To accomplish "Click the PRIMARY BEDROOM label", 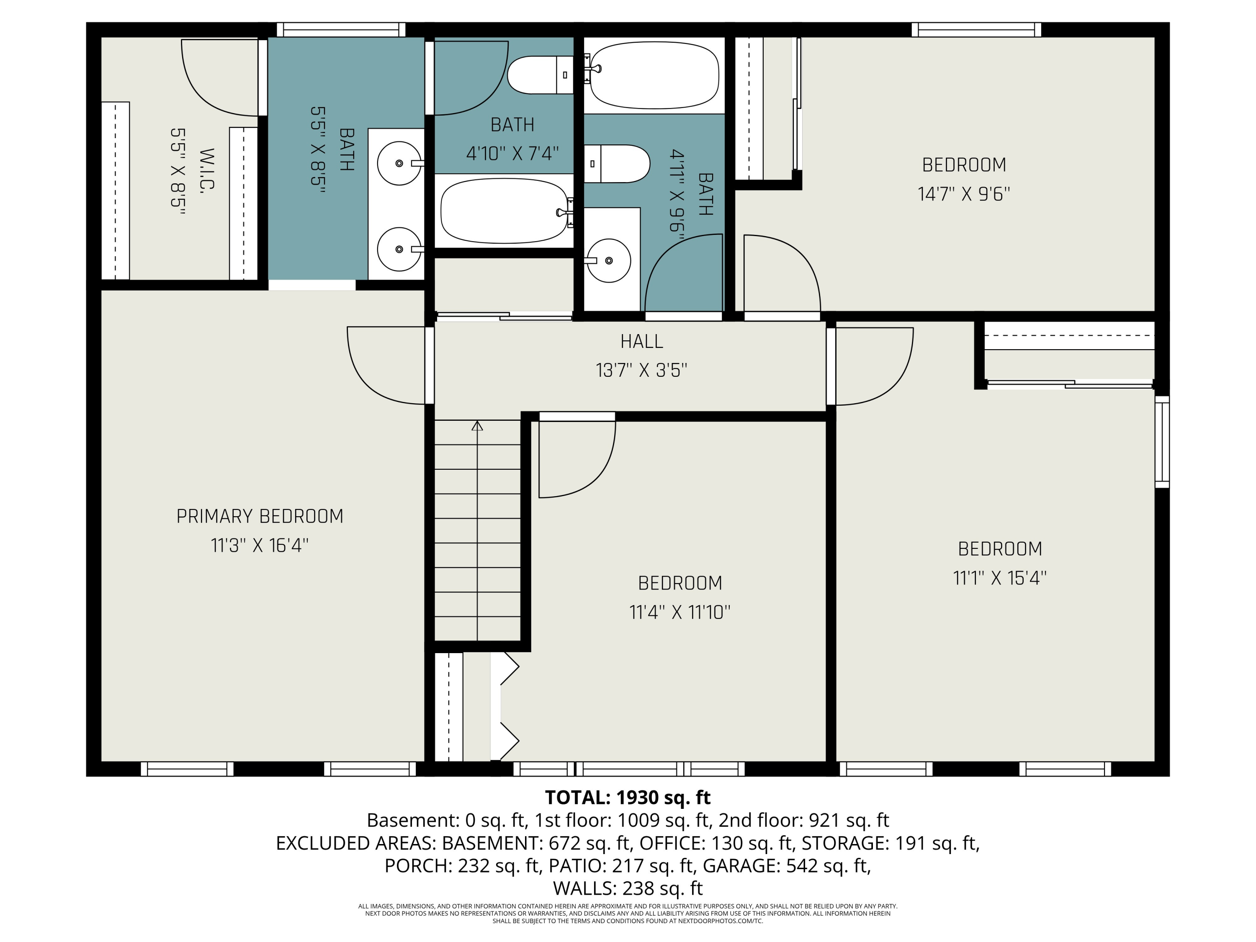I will click(260, 516).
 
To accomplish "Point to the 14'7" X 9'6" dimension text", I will click(964, 194).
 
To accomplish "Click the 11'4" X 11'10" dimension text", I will click(679, 612).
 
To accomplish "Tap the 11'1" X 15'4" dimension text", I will click(999, 578).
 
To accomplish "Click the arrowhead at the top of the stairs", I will click(477, 425).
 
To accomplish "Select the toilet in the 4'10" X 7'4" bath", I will click(539, 75).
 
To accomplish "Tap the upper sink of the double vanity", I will click(399, 164).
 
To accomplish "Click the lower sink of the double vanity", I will click(399, 249).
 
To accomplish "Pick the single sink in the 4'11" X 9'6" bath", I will click(608, 261).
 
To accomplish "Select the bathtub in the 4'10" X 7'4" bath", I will click(504, 211).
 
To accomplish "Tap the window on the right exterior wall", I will click(1162, 441).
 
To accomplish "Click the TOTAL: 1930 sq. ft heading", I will click(628, 798).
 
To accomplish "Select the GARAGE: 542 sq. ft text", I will click(786, 865).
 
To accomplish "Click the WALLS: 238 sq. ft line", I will click(628, 888).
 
